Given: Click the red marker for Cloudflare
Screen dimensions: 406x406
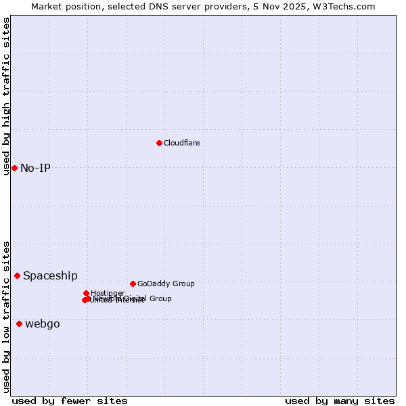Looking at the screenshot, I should click(159, 143).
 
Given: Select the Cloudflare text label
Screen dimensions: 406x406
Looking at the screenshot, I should click(181, 143).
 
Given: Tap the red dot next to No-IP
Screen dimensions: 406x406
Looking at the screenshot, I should click(14, 168).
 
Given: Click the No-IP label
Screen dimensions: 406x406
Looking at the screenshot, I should click(35, 168).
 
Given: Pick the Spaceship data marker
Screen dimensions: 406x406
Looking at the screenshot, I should click(17, 275).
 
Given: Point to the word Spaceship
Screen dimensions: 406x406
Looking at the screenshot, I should click(50, 275).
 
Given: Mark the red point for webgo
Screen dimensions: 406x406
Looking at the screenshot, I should click(19, 324).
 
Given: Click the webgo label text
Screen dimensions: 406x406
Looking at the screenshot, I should click(42, 324).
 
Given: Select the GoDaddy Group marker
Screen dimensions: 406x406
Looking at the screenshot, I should click(133, 284).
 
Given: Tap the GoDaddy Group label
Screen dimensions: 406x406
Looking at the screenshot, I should click(166, 284).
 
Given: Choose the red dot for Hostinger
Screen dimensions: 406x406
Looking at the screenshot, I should click(86, 293).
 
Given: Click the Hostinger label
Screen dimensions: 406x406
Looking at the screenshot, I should click(108, 293).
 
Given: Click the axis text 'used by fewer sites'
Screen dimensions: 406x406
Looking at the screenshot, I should click(70, 401).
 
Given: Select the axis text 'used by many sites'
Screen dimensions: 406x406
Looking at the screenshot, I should click(340, 401).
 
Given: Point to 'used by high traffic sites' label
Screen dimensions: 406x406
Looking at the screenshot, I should click(7, 96).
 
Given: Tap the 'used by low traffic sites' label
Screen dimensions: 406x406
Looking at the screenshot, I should click(7, 316).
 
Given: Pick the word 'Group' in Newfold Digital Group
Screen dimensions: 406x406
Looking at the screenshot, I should click(160, 298).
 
